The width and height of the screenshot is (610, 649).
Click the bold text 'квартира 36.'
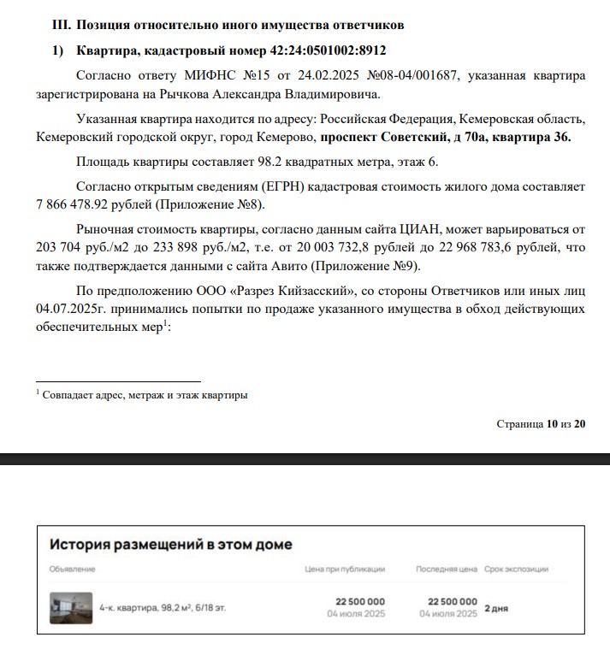536,136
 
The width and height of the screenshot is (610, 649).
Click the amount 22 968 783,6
481,247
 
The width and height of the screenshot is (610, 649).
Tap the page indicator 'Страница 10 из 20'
541,424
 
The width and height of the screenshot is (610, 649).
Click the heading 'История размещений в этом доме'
171,545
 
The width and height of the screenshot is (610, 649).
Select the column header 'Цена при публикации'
345,569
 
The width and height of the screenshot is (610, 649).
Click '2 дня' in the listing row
496,609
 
